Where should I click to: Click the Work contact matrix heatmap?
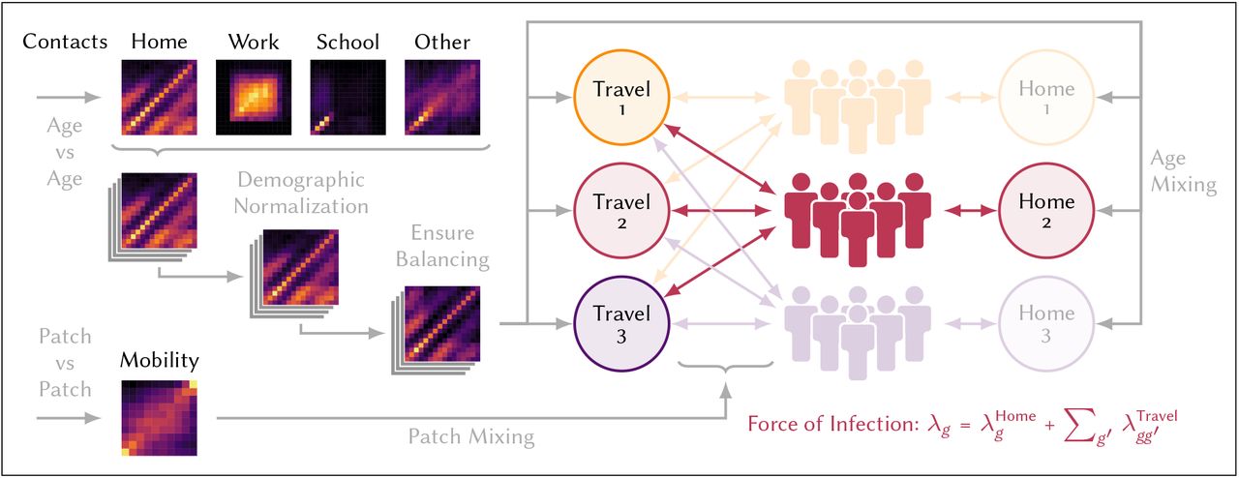[x=254, y=98]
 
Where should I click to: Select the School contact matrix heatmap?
[x=348, y=98]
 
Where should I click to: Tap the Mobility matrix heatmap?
[x=160, y=418]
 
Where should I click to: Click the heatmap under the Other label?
[x=442, y=98]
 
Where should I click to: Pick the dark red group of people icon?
[x=858, y=219]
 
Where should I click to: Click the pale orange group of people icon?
[x=858, y=105]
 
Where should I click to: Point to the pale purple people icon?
[x=858, y=332]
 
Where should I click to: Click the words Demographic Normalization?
[x=301, y=193]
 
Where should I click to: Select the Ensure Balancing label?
[x=442, y=246]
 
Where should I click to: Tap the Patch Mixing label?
[x=471, y=436]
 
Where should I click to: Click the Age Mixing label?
[x=1184, y=171]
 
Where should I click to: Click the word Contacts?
[x=65, y=42]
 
